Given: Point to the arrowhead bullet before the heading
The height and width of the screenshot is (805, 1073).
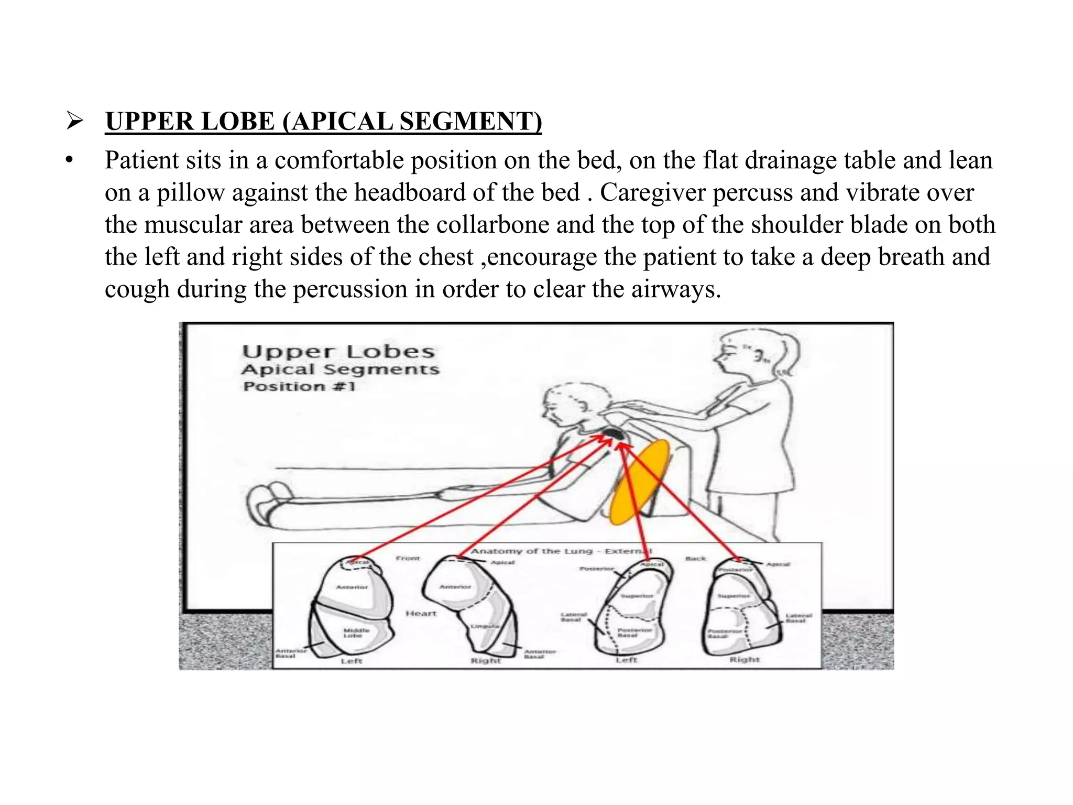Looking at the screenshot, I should pos(75,122).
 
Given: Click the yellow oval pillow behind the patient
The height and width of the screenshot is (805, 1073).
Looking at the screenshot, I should pos(640,483).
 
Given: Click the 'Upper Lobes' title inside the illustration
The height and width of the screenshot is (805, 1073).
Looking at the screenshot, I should pos(338,352).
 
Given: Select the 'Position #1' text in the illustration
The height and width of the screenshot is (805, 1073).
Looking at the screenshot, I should pos(299,387).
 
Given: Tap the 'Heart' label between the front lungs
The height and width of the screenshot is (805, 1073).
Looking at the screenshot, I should pos(421,613).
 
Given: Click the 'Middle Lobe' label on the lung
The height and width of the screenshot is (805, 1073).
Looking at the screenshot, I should pos(356,633).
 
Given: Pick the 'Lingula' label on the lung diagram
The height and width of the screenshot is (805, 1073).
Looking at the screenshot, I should pos(480,627).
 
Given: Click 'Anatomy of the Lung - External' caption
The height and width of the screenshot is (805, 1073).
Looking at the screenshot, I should pos(561,551).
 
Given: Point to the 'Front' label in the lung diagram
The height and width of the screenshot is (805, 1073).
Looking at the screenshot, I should pos(408,559).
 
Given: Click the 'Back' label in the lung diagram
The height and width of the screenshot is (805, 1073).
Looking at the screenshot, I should pos(696,559).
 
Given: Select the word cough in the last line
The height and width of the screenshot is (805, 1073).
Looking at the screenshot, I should pos(137,289).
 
